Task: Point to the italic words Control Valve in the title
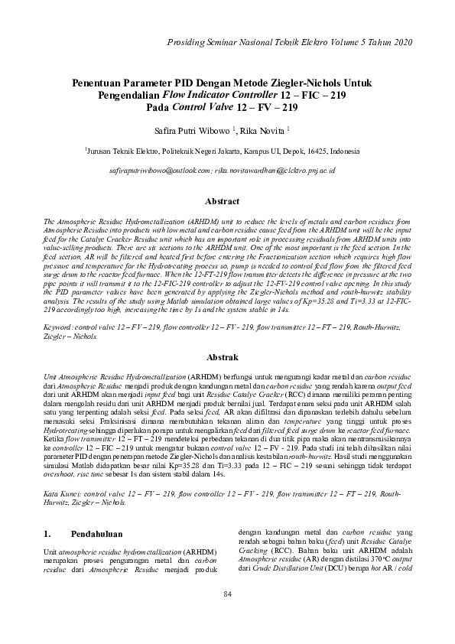coord(206,107)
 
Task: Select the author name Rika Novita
coord(265,131)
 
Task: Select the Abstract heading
coord(226,201)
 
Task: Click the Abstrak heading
coord(226,357)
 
